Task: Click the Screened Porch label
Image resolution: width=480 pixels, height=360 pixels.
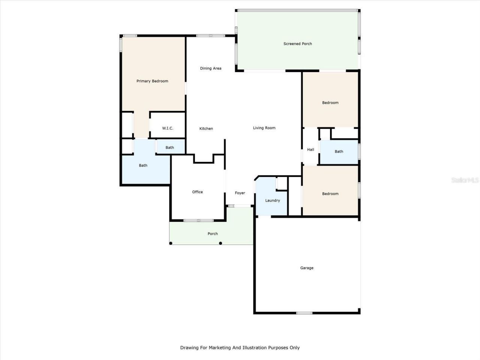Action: tap(297, 44)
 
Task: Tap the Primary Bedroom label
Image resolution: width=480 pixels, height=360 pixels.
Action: tap(152, 81)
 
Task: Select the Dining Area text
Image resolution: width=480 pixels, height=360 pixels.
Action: tap(210, 68)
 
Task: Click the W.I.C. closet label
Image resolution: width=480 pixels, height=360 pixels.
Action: tap(168, 128)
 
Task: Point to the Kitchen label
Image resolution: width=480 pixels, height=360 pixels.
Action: tap(206, 129)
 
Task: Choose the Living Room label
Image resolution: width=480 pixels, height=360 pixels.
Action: tap(264, 128)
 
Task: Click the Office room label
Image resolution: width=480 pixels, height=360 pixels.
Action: tap(197, 192)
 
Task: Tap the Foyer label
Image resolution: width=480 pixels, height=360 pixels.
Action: tap(240, 193)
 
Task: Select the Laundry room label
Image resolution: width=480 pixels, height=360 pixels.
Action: tap(273, 201)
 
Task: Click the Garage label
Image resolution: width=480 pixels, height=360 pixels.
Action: tap(307, 268)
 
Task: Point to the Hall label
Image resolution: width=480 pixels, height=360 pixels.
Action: tap(310, 150)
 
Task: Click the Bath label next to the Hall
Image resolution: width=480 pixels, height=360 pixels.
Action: tap(339, 151)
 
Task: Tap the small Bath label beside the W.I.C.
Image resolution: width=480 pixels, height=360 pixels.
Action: tap(170, 147)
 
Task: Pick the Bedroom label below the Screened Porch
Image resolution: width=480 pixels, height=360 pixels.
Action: tap(330, 103)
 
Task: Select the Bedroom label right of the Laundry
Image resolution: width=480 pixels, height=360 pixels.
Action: tap(330, 194)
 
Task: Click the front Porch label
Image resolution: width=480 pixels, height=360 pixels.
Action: tap(213, 234)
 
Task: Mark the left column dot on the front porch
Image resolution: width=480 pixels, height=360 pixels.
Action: tap(171, 243)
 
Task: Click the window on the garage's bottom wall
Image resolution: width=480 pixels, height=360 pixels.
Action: tap(304, 313)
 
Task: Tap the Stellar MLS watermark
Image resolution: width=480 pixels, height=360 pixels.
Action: tap(465, 180)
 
